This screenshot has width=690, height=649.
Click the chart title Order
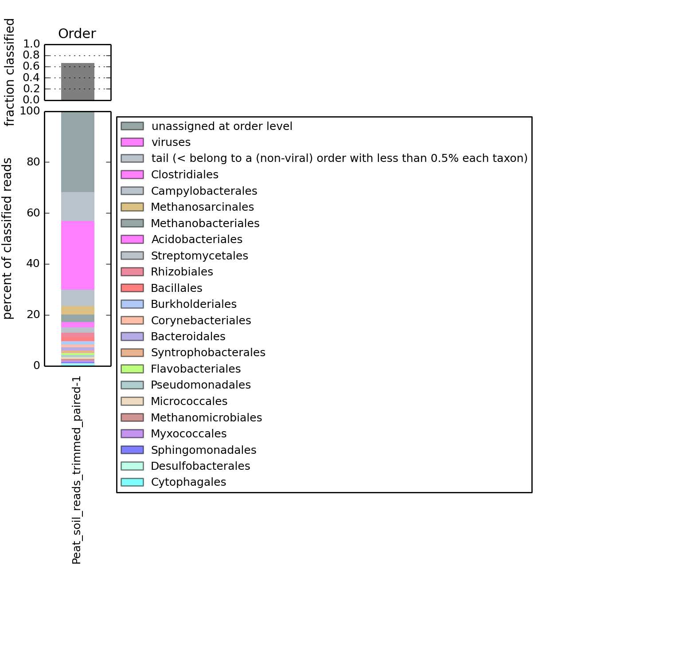point(77,34)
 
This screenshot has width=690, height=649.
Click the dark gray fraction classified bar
point(78,82)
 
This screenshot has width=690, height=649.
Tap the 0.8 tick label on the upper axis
point(31,55)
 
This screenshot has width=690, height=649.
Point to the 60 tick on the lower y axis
point(33,213)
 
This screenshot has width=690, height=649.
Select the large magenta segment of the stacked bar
point(78,255)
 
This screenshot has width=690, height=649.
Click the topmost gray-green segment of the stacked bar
point(78,152)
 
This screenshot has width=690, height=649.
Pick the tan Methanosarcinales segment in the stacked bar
point(78,310)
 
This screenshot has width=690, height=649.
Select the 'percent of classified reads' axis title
point(8,239)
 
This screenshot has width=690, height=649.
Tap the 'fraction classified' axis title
point(9,72)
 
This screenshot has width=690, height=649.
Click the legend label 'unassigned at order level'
point(222,126)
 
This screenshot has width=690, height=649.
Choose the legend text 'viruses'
point(171,142)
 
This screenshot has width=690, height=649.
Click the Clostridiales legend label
point(184,175)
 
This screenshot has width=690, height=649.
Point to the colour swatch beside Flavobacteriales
point(132,369)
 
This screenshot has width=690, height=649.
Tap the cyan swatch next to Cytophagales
point(132,482)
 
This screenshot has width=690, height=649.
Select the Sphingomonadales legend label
point(203,450)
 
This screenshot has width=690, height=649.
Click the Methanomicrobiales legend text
point(206,418)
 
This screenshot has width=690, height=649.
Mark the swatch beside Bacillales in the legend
point(132,288)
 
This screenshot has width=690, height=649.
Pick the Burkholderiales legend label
point(194,304)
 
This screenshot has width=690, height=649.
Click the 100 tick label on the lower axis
point(30,111)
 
